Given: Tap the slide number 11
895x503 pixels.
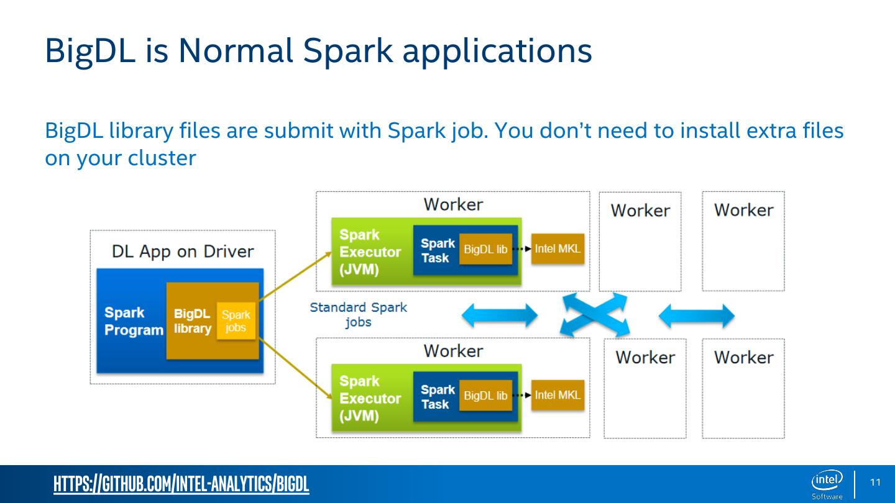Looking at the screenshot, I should pos(876,483).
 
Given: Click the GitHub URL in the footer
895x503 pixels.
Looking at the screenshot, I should pos(181,484).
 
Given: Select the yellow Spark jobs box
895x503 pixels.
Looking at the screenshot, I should pos(236,321).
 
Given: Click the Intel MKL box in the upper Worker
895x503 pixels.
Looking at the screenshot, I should pos(558,249).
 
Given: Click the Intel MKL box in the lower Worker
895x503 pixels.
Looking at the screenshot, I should pos(558,396).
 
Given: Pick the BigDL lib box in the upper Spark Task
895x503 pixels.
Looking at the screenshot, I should pos(485,249).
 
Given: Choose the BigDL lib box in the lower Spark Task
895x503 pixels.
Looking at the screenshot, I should pos(485,396).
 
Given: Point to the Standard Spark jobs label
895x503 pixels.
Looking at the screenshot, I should pos(359,314).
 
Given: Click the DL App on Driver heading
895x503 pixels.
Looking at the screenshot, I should pos(183,251).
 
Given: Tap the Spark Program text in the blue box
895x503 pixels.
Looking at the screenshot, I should pos(133,322).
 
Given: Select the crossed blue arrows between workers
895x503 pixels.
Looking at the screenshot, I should pos(594,315).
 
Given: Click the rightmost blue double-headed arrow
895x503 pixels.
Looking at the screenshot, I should pos(696,316).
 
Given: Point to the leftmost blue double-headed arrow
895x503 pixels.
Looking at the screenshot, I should pos(499,315).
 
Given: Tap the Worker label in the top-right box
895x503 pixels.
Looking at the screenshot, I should pos(743,210).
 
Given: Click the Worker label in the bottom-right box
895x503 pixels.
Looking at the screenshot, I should pos(743,357).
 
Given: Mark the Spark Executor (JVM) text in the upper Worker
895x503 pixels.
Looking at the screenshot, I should pos(370,252).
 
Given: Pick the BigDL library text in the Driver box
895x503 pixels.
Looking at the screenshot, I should pos(192,321).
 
